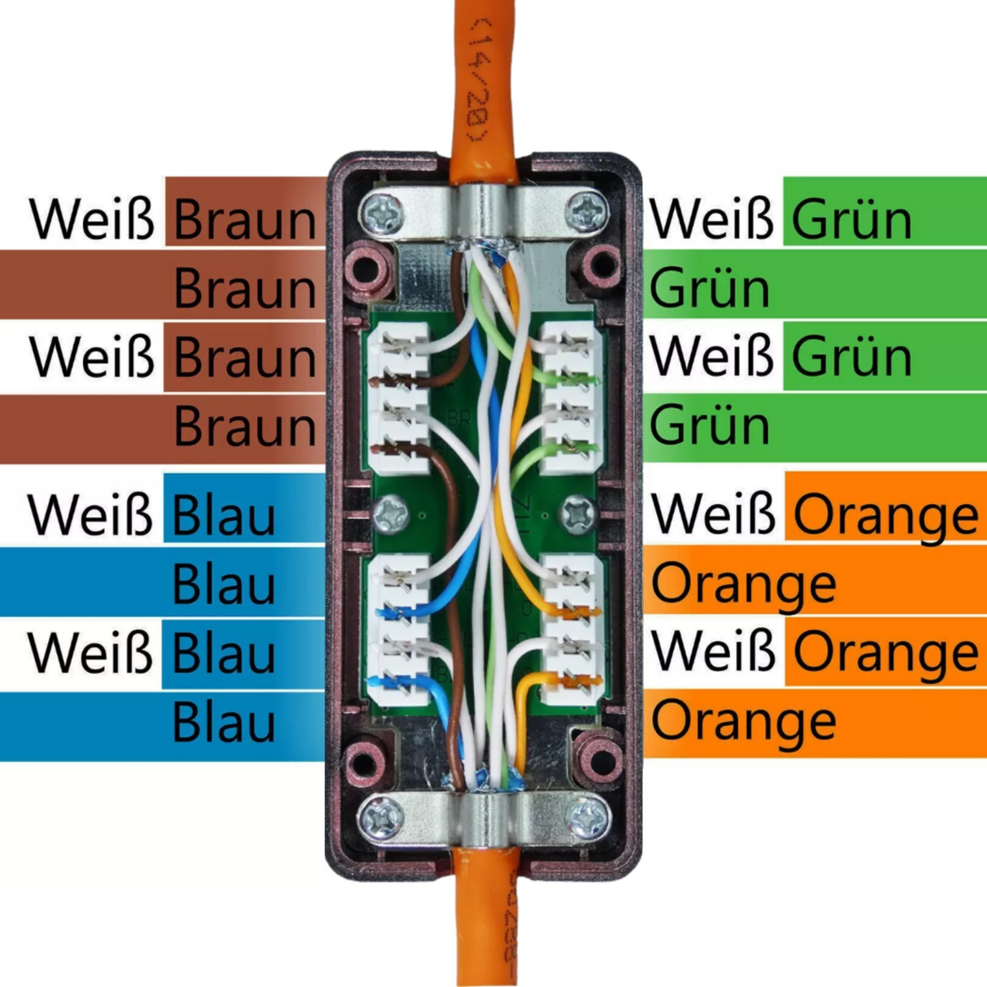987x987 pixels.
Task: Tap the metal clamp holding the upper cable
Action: coord(485,213)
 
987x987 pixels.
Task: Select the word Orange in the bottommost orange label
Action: coord(743,722)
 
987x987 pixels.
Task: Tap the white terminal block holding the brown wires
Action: coord(398,398)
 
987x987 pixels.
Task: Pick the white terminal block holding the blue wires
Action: coord(398,630)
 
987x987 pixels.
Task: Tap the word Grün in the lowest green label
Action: coord(709,426)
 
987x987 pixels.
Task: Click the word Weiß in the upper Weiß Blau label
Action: coord(89,515)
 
